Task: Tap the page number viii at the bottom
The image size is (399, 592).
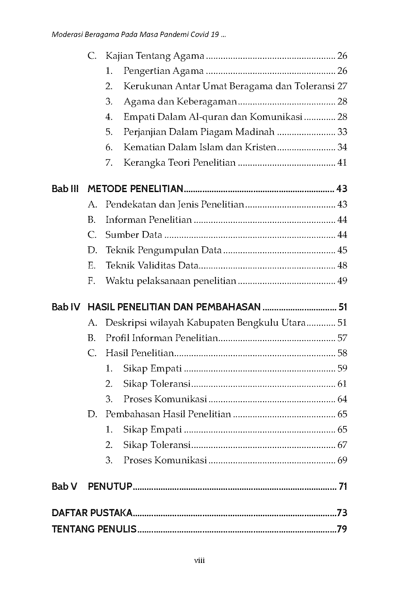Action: coord(199,561)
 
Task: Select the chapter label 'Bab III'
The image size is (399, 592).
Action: coord(65,189)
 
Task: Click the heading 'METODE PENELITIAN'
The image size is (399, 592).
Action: coord(135,189)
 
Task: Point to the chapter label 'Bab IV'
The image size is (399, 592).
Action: coord(66,307)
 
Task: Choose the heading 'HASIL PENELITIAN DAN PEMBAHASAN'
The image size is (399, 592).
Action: coord(174,307)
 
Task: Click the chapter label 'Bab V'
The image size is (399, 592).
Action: coord(64,486)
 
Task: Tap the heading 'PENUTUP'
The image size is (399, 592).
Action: coord(110,486)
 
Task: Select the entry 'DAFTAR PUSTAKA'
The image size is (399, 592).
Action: coord(92,513)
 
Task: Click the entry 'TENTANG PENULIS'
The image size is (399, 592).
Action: coord(94,529)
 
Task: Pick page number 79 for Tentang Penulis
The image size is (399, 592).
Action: coord(342,529)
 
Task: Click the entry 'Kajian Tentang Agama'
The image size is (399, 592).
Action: coord(155,56)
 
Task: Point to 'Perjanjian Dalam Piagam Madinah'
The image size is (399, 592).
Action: coord(199,132)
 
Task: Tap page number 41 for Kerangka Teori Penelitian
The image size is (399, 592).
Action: coord(342,162)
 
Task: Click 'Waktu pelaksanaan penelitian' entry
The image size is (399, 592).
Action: coord(171,281)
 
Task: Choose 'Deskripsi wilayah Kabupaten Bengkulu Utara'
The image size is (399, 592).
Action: coord(205,323)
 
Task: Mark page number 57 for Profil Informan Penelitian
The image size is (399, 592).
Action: coord(342,338)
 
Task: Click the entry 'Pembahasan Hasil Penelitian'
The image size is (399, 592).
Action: coord(168,414)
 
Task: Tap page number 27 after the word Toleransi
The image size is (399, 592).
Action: coord(342,86)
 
